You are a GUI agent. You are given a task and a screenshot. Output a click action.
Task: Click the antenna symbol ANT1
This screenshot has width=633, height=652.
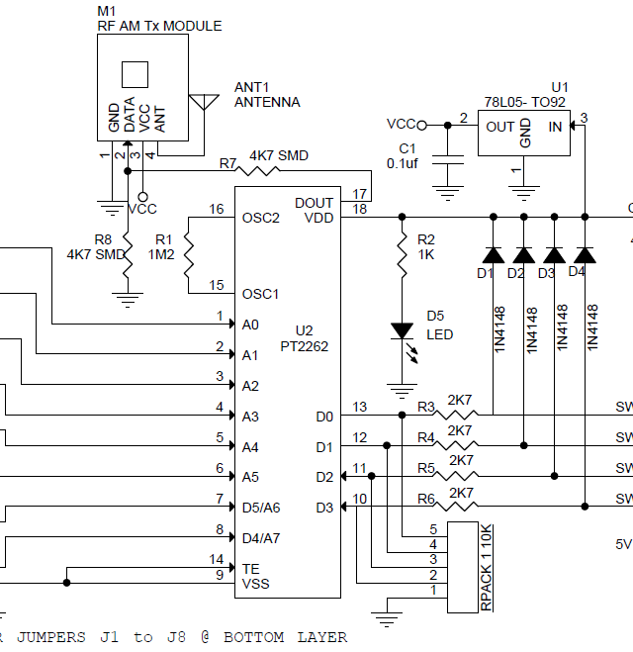coord(204,102)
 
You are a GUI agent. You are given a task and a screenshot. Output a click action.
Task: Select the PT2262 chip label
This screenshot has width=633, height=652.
coord(305,347)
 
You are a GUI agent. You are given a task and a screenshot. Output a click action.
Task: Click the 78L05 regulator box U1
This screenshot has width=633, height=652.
coord(524,132)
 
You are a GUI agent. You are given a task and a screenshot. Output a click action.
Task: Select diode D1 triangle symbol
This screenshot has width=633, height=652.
coord(492,254)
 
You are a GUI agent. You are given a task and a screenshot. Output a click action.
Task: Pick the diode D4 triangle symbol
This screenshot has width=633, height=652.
coord(585,254)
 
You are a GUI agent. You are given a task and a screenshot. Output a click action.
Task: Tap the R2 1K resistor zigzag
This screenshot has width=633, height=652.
coord(402,256)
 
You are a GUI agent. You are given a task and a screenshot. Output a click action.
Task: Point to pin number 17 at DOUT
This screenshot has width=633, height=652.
coord(359,193)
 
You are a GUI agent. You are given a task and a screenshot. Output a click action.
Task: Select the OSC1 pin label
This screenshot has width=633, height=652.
coord(261,294)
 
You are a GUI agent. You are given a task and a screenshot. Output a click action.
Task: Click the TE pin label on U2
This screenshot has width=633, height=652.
coord(251,568)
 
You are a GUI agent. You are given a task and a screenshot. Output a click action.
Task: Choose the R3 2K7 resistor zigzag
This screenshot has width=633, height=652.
coord(458,416)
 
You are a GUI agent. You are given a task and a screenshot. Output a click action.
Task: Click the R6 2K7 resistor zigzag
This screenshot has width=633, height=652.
coord(458,508)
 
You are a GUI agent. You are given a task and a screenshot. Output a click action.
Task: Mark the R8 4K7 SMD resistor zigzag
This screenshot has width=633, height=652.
coord(126,254)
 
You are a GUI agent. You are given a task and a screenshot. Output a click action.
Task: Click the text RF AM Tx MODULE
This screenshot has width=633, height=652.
coord(159,26)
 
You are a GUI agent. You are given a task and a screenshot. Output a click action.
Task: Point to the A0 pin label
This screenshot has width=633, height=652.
coord(250,325)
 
